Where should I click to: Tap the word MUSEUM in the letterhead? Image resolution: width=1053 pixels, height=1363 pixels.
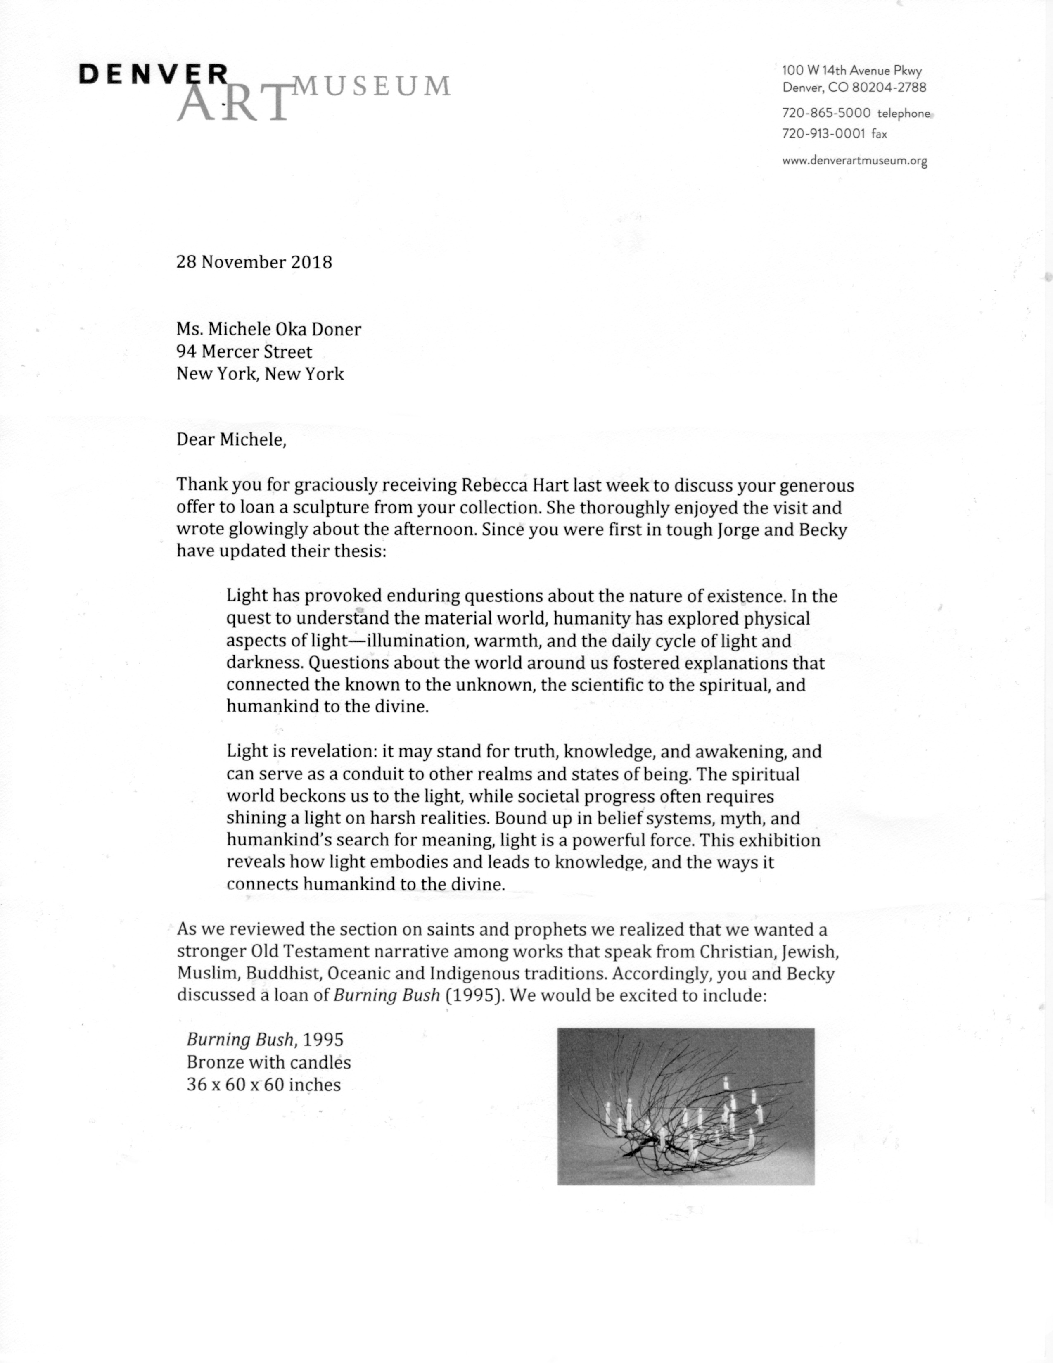(x=372, y=86)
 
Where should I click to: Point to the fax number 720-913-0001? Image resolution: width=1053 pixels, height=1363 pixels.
(x=823, y=133)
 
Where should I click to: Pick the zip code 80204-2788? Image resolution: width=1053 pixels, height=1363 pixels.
(x=889, y=88)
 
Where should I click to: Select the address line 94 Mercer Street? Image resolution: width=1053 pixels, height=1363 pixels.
(x=244, y=351)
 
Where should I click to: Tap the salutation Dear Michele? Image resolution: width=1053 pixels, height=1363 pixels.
(x=231, y=439)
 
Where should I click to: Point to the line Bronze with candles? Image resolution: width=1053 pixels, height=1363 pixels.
(x=269, y=1062)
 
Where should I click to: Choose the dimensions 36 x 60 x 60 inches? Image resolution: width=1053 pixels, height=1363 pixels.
(x=264, y=1085)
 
